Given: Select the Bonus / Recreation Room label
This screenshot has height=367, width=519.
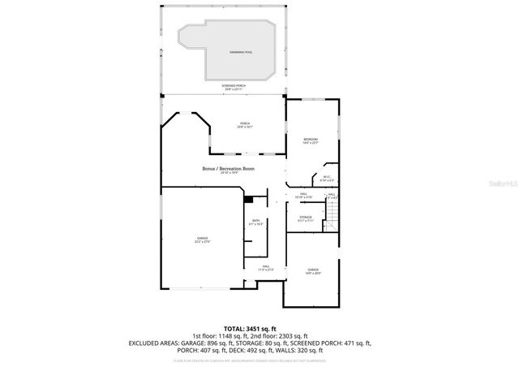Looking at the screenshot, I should tap(228, 168).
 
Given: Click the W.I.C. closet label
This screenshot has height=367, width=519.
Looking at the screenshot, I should tap(326, 177).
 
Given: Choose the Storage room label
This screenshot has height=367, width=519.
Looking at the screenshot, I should tap(306, 217).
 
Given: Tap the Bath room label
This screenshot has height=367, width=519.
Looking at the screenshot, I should tap(255, 221).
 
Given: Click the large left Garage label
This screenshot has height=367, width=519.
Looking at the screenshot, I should tap(202, 238).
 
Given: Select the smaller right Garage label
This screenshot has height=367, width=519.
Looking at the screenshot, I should tap(313, 269).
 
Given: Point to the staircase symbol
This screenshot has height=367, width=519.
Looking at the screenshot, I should tap(332, 214).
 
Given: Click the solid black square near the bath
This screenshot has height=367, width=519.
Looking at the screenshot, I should tap(249, 200).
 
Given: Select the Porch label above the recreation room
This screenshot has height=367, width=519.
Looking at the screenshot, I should tap(244, 123).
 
